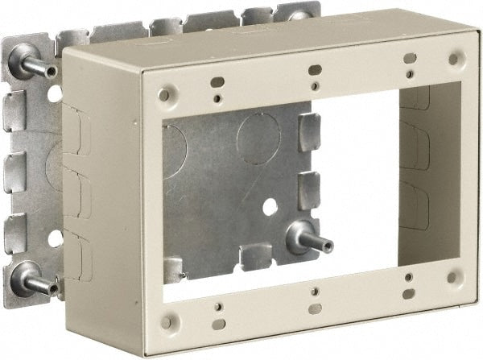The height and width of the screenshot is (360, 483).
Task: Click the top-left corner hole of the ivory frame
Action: [165, 95]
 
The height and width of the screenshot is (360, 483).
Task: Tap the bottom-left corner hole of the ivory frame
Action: [167, 321]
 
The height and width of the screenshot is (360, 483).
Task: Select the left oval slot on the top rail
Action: [217, 81]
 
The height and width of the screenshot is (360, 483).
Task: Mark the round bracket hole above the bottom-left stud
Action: [55, 238]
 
